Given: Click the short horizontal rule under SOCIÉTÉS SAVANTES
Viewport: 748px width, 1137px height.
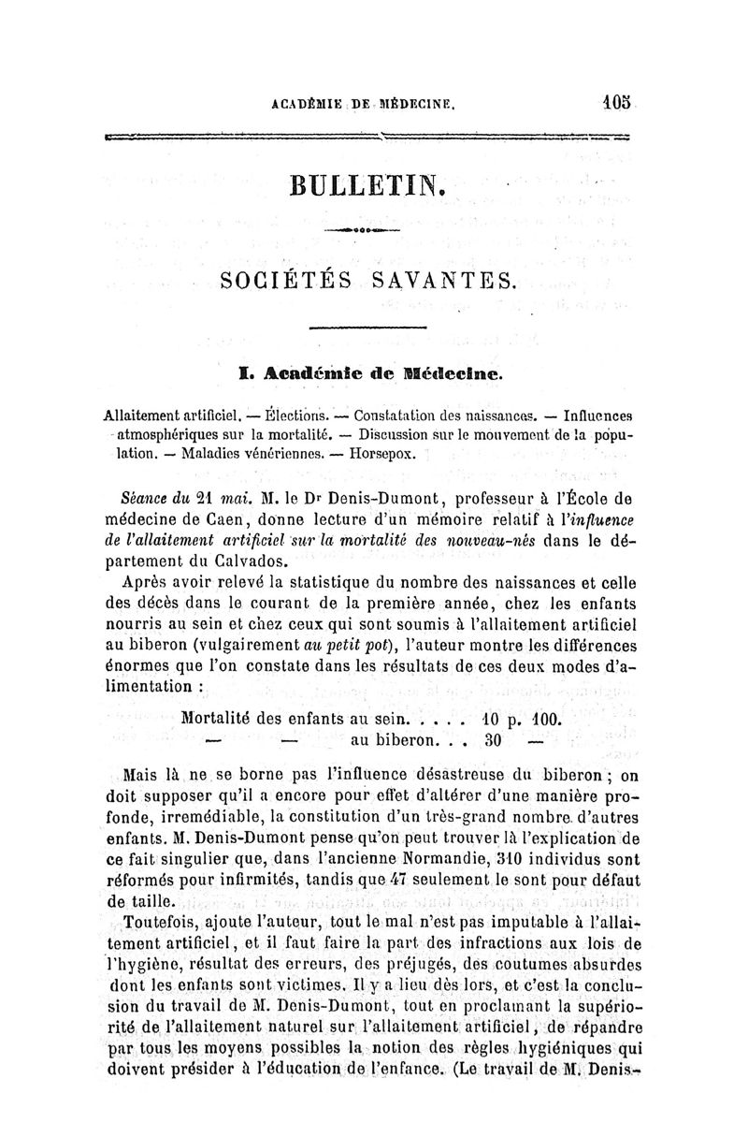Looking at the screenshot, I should [x=367, y=328].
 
